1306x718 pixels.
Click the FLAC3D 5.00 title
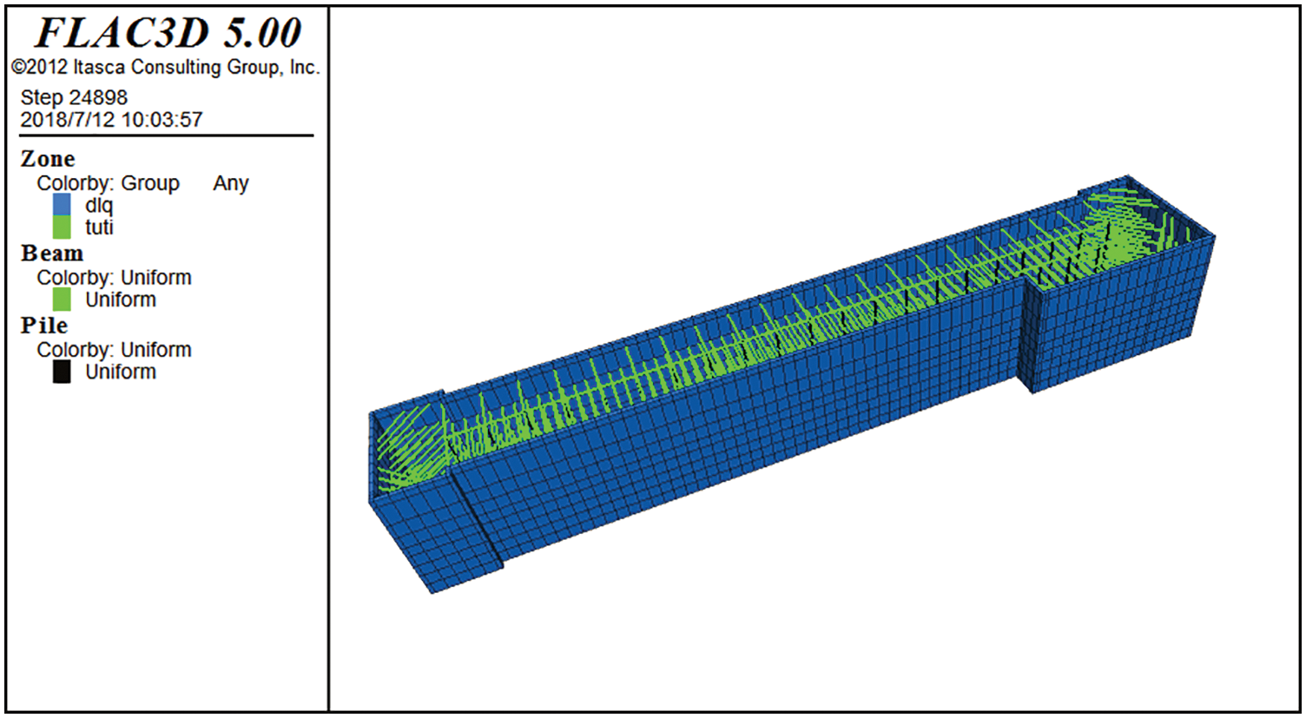coord(168,33)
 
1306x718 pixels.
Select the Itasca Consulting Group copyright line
coord(166,68)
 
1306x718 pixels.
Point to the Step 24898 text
coord(74,98)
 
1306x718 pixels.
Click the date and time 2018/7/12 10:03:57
coord(111,120)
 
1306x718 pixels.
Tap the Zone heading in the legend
coord(48,159)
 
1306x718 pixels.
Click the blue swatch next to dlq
coord(62,205)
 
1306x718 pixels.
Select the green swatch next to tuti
coord(62,227)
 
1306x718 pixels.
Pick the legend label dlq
coord(99,206)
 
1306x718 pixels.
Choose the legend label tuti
coord(99,227)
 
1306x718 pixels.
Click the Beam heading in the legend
coord(52,254)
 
